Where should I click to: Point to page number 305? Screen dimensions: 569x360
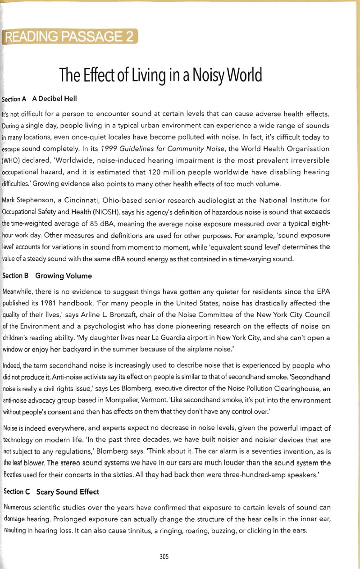click(x=164, y=557)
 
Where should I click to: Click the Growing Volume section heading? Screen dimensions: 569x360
click(x=64, y=275)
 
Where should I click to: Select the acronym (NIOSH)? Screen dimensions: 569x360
click(x=103, y=211)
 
